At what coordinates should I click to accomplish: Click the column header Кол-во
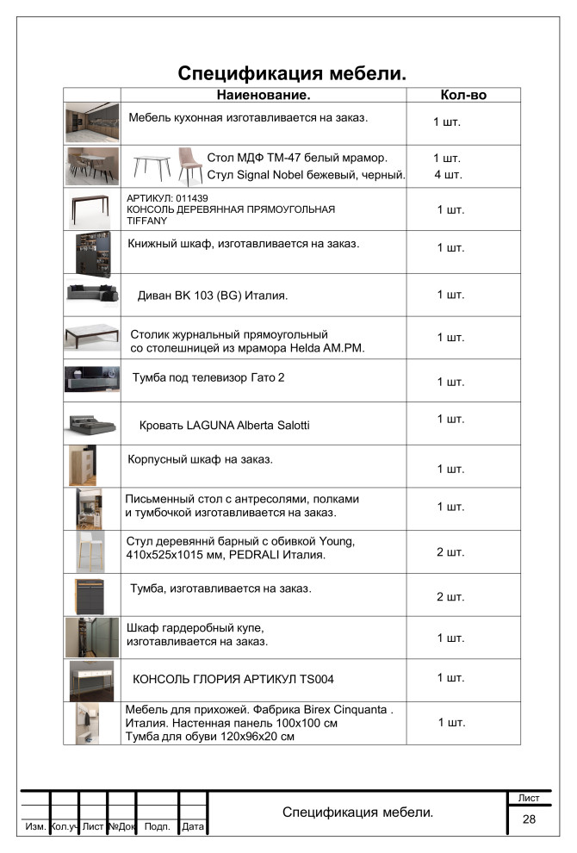coord(463,95)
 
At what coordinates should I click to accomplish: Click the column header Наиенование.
coord(263,95)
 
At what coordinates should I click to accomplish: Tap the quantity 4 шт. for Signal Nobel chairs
coord(448,175)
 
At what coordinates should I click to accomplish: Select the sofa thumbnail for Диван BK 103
coord(91,293)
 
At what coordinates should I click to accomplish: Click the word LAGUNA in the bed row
coord(205,426)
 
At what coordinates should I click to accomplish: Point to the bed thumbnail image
coord(91,423)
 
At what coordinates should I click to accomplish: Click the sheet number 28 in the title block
coord(529,819)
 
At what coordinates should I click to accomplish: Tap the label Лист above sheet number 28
coord(529,799)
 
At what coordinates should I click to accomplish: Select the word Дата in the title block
coord(193,827)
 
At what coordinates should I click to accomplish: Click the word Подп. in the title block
coord(157,827)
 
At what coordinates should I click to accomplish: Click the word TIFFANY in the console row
coord(146,221)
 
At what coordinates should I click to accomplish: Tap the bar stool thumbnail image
coord(91,551)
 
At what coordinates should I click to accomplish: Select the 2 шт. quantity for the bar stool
coord(450,551)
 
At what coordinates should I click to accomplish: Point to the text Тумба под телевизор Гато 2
coord(208,377)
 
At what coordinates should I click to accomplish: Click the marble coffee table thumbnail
coord(91,336)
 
